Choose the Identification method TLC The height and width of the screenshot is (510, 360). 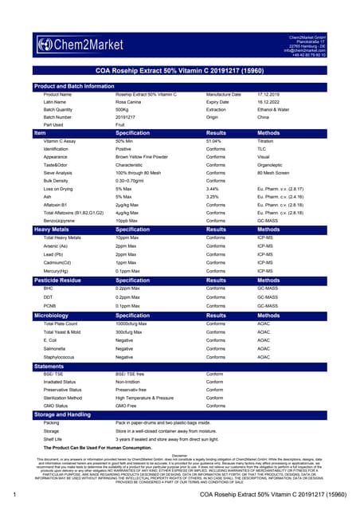(261, 149)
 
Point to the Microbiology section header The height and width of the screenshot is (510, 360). (53, 316)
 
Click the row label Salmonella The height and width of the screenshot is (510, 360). (57, 348)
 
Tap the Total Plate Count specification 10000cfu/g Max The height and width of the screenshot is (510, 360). (137, 324)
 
